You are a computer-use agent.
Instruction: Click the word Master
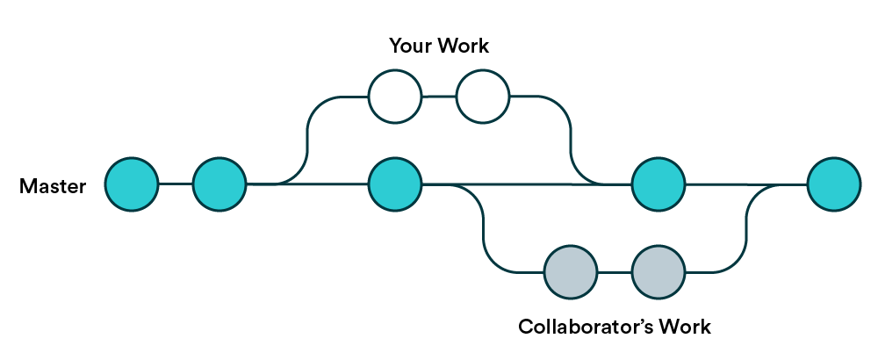coord(53,186)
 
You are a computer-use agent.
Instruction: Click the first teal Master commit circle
coord(132,184)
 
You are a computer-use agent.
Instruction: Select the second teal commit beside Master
coord(219,184)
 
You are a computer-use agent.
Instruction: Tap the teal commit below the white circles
coord(395,184)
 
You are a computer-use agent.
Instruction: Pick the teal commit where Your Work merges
coord(658,184)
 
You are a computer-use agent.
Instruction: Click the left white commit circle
coord(395,97)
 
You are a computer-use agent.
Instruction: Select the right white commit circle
coord(483,97)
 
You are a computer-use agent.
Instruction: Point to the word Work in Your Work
coord(464,46)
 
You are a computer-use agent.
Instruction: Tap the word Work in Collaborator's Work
coord(682,327)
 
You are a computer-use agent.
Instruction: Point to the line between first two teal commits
coord(176,184)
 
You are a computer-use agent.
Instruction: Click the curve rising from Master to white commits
coord(307,140)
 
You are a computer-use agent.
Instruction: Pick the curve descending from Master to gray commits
coord(483,228)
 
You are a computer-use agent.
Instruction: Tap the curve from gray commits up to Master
coord(746,228)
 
